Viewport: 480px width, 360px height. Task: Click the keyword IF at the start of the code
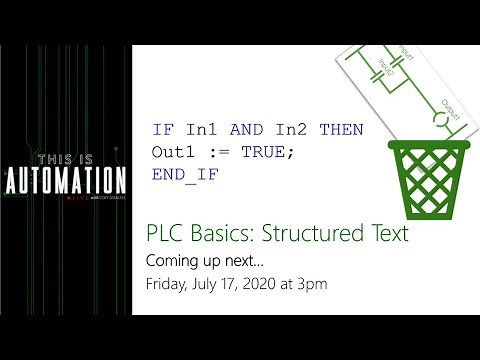pyautogui.click(x=162, y=130)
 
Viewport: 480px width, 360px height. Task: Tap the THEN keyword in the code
pyautogui.click(x=341, y=130)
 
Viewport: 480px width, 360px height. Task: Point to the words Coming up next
pyautogui.click(x=197, y=260)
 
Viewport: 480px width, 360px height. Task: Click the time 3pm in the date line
pyautogui.click(x=311, y=284)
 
